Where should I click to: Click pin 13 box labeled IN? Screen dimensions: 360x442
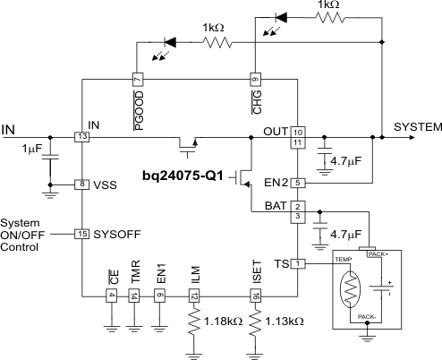pos(82,137)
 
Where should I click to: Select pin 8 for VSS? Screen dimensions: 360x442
pos(82,184)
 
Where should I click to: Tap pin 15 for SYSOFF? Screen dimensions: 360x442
pos(82,234)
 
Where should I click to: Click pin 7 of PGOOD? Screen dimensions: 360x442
pos(137,78)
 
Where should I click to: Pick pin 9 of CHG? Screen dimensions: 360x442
pos(254,78)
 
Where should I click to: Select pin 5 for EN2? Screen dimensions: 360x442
pos(299,183)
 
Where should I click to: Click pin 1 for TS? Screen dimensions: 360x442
pos(299,263)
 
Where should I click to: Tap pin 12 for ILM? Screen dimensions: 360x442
pos(193,296)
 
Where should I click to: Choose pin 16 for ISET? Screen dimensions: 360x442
pos(256,296)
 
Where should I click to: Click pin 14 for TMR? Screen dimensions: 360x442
pos(133,296)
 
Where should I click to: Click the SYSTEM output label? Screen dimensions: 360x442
pos(417,127)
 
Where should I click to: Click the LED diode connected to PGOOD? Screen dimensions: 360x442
pos(169,41)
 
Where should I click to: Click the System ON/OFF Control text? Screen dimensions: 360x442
pos(20,235)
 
